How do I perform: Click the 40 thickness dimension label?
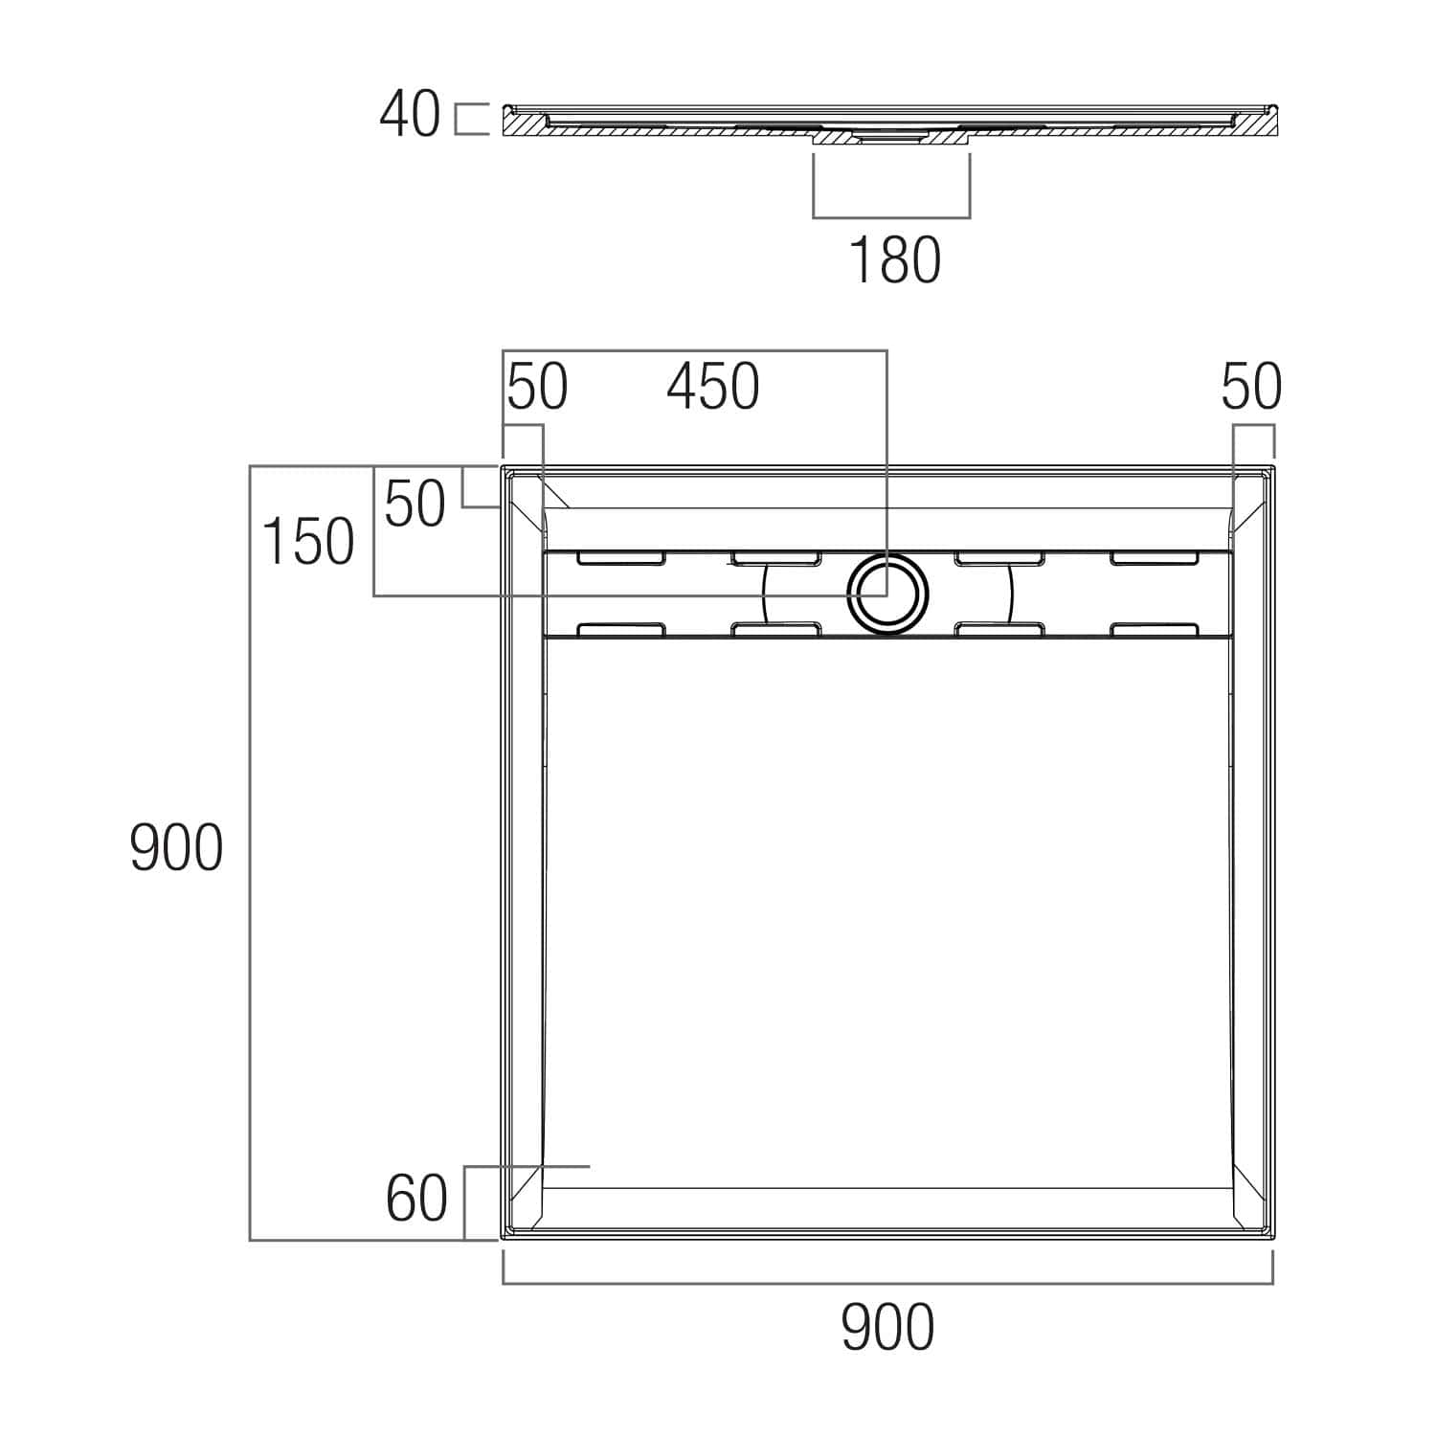click(x=410, y=115)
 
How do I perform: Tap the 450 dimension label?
click(x=713, y=388)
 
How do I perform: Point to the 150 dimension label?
click(x=307, y=541)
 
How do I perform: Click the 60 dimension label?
click(x=416, y=1199)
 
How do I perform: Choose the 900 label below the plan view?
click(x=887, y=1328)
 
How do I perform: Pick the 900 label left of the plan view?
click(x=176, y=848)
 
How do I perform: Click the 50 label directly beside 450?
click(x=537, y=388)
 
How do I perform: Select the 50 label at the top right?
click(x=1251, y=388)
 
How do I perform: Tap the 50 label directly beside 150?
click(x=415, y=504)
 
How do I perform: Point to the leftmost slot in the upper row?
click(x=621, y=557)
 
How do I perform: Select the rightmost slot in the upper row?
click(x=1155, y=557)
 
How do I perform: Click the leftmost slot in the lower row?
click(x=621, y=629)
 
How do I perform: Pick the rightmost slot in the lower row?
click(x=1155, y=629)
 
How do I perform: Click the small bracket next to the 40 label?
click(x=470, y=119)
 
